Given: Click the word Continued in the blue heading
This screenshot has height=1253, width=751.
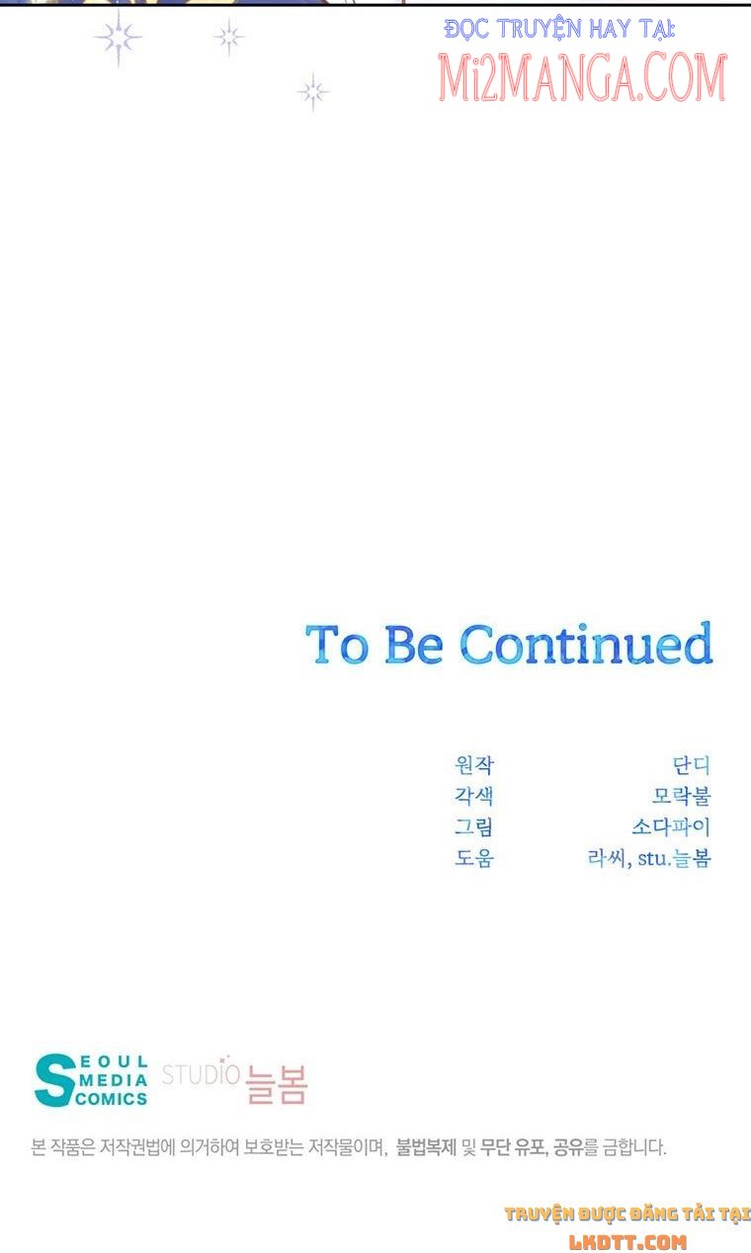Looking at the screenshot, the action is (x=586, y=644).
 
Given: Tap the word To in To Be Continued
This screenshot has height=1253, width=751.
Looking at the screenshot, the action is (x=337, y=645).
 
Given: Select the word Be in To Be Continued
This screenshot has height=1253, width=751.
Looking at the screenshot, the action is (x=414, y=645).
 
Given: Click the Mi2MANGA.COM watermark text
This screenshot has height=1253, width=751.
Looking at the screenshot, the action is (x=582, y=77).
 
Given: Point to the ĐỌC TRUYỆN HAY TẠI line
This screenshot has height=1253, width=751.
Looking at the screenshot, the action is (x=559, y=30).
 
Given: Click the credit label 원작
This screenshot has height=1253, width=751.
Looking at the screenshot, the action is (x=474, y=764).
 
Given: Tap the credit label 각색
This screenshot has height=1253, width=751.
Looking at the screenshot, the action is (x=474, y=796).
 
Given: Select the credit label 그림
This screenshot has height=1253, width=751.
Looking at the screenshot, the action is (x=474, y=826).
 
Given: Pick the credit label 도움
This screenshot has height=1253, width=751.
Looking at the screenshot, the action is (x=474, y=857).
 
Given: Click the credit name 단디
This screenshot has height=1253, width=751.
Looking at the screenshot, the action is (x=692, y=764).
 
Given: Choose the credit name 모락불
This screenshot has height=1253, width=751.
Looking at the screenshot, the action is (x=682, y=796).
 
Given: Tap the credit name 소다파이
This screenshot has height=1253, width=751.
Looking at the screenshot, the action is (x=672, y=826).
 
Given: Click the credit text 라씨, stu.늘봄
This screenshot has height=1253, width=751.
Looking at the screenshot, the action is (x=649, y=857).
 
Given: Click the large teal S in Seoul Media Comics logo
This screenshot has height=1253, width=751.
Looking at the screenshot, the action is (x=54, y=1080).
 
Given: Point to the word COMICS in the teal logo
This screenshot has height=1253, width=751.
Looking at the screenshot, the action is (x=112, y=1099).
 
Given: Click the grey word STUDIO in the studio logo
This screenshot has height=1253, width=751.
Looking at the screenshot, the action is (x=201, y=1074).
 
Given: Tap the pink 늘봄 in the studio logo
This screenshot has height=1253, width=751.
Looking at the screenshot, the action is (x=277, y=1084).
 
